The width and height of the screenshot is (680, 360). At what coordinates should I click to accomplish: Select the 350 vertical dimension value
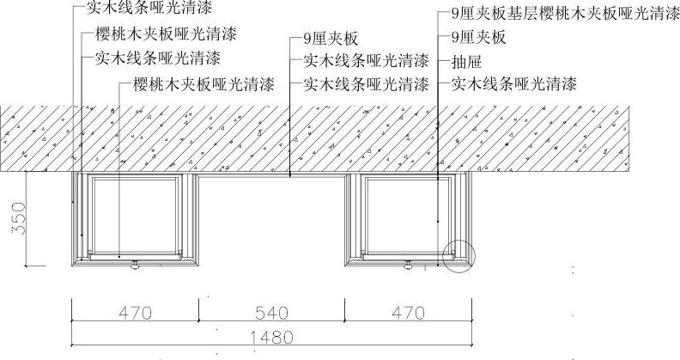(x=17, y=218)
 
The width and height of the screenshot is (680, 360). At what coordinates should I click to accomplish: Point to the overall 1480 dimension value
(x=271, y=337)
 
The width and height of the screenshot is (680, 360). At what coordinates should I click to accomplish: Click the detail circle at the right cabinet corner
(x=458, y=255)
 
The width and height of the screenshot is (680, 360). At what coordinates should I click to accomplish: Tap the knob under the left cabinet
(x=134, y=266)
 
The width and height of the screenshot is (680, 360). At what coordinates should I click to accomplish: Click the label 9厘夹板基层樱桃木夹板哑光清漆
(x=566, y=15)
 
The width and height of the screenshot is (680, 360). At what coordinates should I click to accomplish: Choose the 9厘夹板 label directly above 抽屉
(x=478, y=38)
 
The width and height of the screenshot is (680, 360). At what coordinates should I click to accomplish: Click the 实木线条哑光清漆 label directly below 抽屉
(x=513, y=84)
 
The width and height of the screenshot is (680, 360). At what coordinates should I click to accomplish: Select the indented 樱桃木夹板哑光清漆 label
(x=203, y=85)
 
